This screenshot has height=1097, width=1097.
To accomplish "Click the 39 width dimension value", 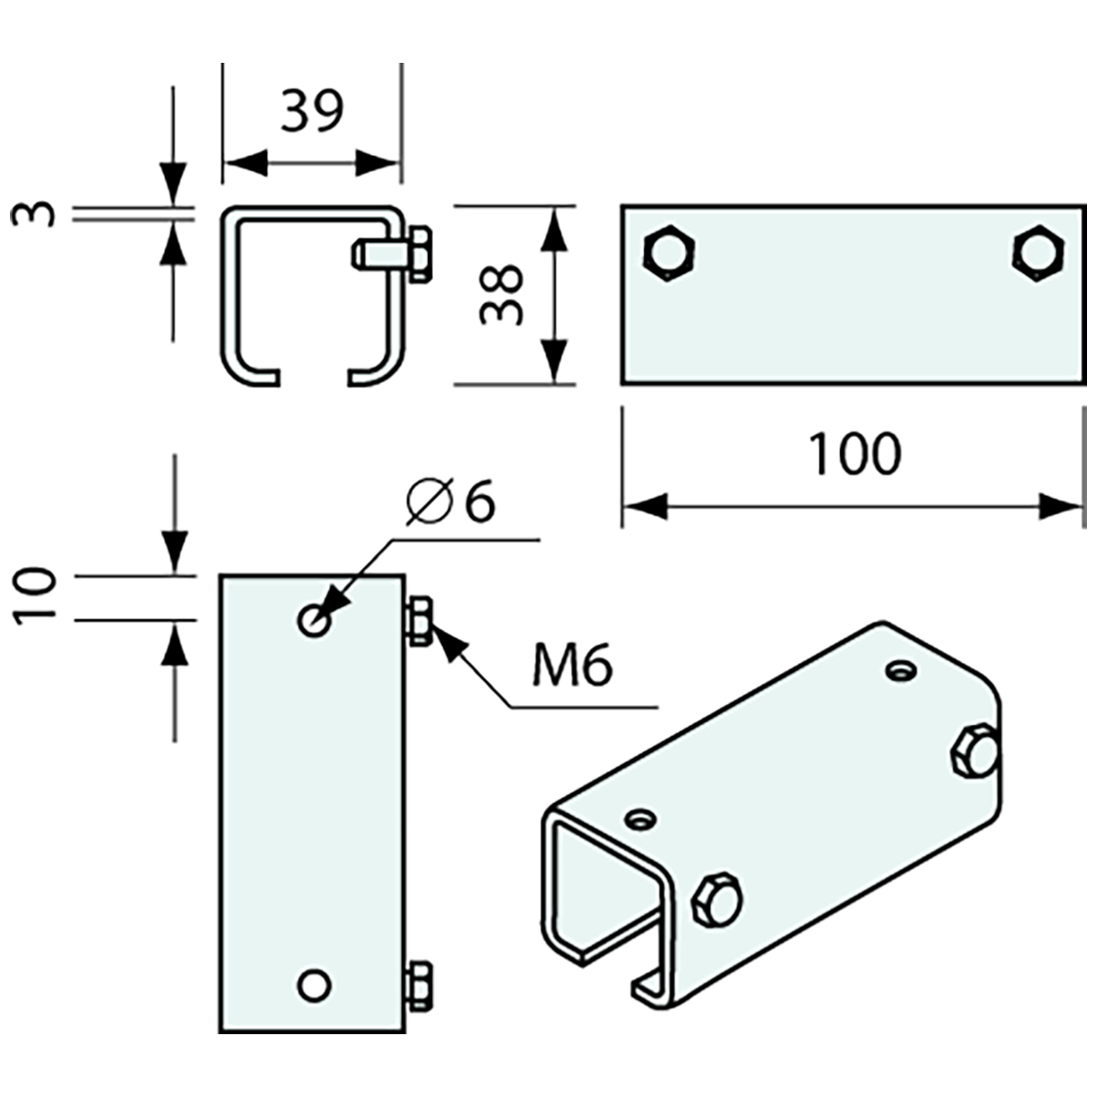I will (311, 111).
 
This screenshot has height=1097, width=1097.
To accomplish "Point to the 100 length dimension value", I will (854, 454).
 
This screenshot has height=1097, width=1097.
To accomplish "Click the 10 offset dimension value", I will (36, 595).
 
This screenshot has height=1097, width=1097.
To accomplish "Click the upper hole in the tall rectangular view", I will (314, 620).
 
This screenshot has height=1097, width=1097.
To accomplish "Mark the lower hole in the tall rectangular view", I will (314, 985).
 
